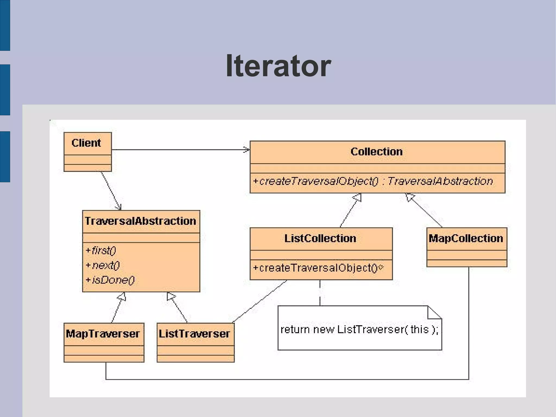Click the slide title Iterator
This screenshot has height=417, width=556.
(x=278, y=66)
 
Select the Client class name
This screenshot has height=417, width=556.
(x=86, y=143)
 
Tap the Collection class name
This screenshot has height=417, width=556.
(x=377, y=152)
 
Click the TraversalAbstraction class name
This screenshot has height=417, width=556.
(x=140, y=221)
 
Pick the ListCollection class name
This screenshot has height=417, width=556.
(x=320, y=238)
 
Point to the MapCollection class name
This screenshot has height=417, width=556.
(x=466, y=238)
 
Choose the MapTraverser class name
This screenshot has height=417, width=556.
(x=103, y=334)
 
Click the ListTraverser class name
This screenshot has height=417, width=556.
(x=194, y=334)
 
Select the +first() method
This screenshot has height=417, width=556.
(x=101, y=250)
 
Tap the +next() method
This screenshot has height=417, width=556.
(x=103, y=265)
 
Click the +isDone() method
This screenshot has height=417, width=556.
(x=110, y=280)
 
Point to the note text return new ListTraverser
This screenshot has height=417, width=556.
(x=359, y=330)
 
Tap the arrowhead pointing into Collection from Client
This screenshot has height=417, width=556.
(x=247, y=149)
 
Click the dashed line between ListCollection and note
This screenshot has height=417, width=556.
(x=320, y=293)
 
